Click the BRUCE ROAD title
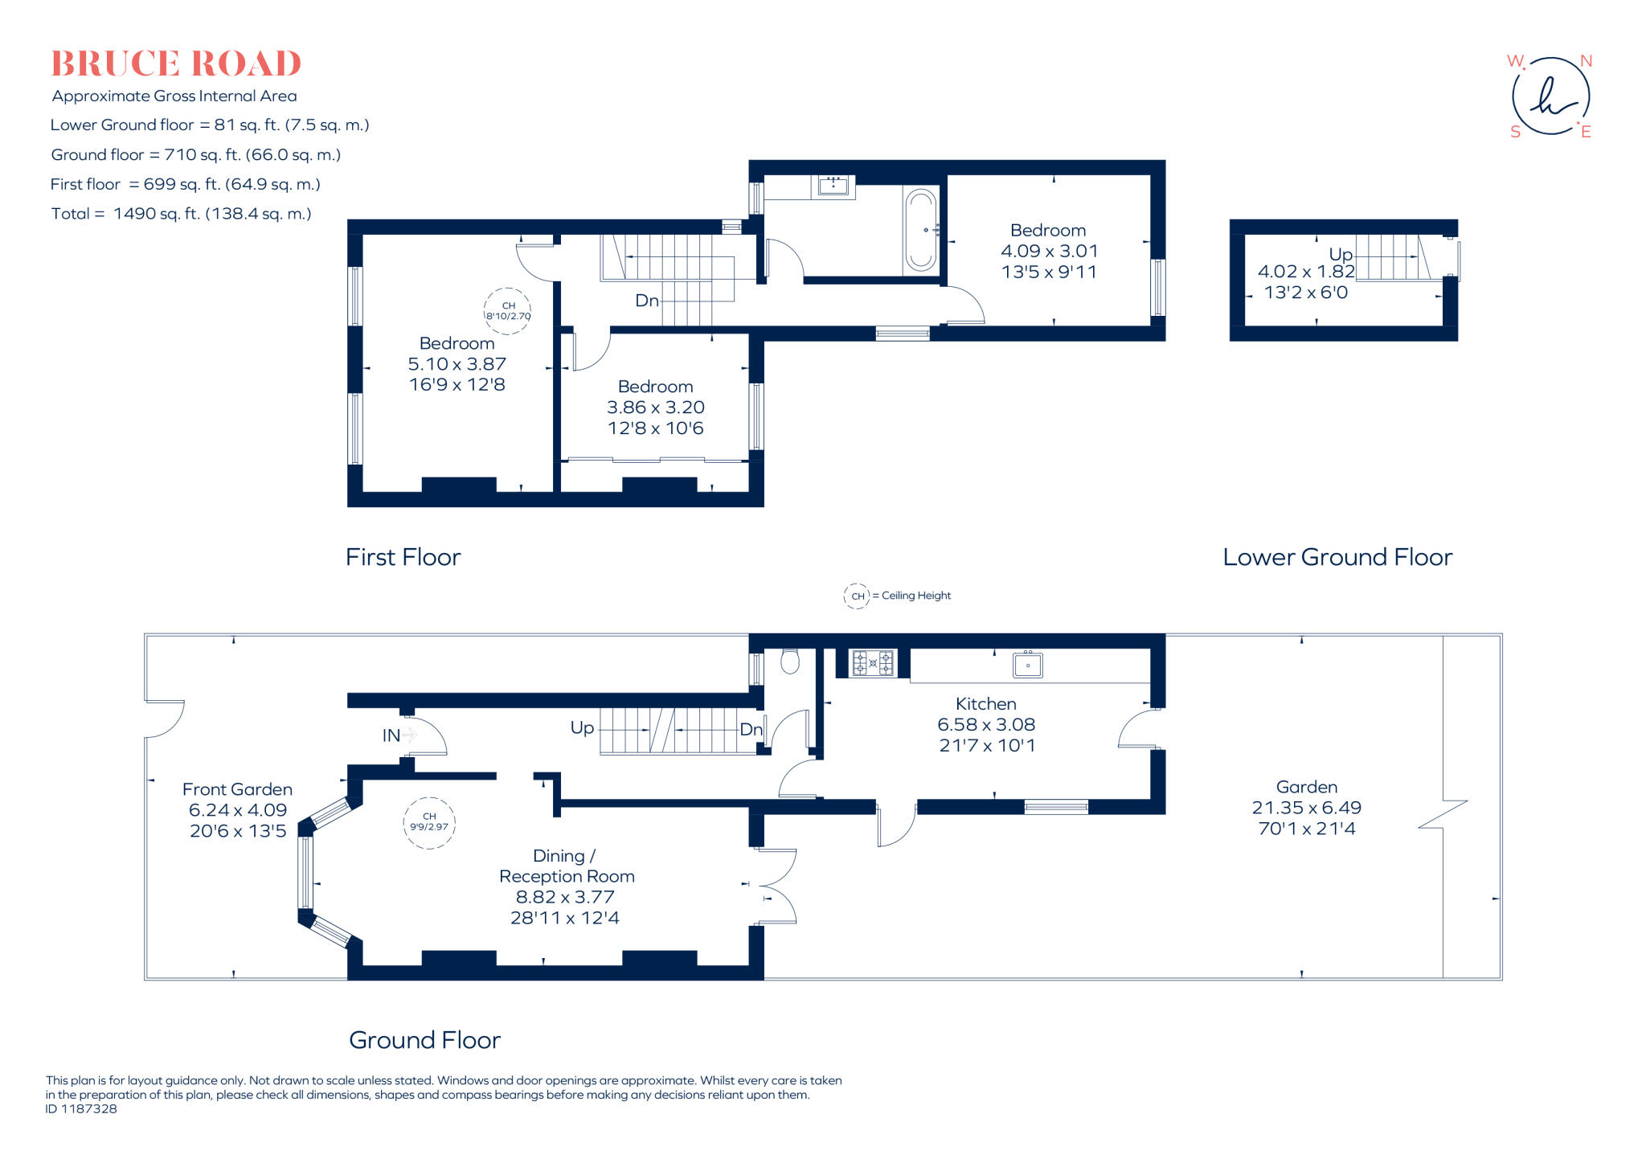pyautogui.click(x=176, y=64)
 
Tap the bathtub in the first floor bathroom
pyautogui.click(x=921, y=231)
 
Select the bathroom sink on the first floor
pyautogui.click(x=833, y=186)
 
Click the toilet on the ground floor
pyautogui.click(x=790, y=661)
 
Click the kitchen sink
pyautogui.click(x=1028, y=666)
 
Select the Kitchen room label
pyautogui.click(x=986, y=704)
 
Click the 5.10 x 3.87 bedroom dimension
pyautogui.click(x=457, y=364)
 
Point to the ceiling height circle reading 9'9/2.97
pyautogui.click(x=429, y=823)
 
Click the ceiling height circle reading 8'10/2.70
pyautogui.click(x=508, y=311)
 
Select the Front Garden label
pyautogui.click(x=237, y=790)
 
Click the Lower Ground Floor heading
pyautogui.click(x=1337, y=558)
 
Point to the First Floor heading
pyautogui.click(x=403, y=558)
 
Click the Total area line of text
pyautogui.click(x=181, y=214)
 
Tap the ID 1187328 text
pyautogui.click(x=81, y=1109)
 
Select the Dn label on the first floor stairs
pyautogui.click(x=647, y=301)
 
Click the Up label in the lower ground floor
pyautogui.click(x=1341, y=255)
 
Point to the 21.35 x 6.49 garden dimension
pyautogui.click(x=1306, y=809)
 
